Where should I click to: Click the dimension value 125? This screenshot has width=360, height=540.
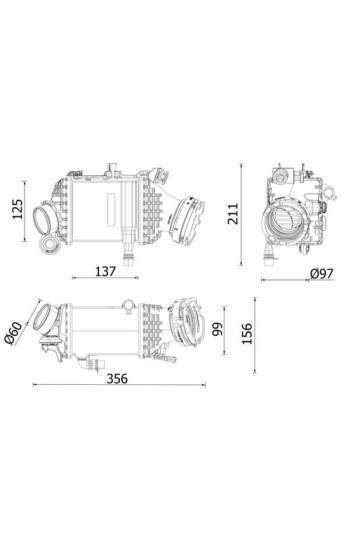point(17,209)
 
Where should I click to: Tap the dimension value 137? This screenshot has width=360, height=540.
point(105,271)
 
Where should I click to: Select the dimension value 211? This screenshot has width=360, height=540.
point(233,214)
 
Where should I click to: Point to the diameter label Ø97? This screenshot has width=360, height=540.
point(322,274)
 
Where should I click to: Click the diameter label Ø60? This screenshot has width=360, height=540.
point(13,333)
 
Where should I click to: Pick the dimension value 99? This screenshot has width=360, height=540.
point(218,329)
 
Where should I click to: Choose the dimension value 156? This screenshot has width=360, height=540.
point(247,333)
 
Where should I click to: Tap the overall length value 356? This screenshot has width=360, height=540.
point(117,379)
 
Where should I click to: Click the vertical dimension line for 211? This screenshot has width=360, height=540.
point(241,215)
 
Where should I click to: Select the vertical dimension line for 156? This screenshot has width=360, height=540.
point(255,335)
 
